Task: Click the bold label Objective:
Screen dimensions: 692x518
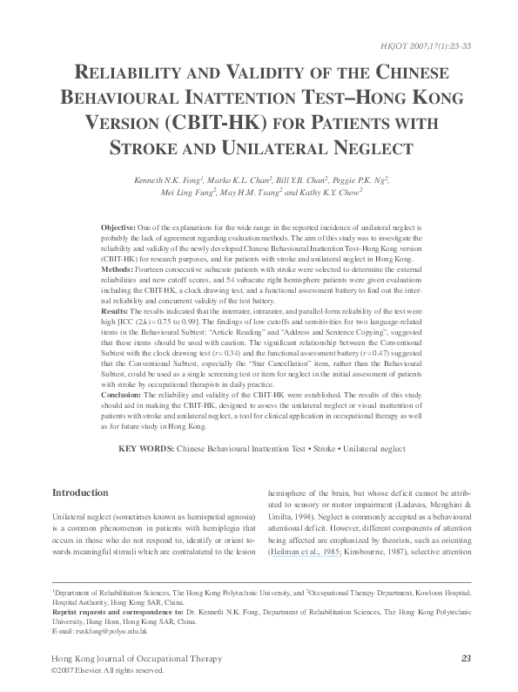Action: [118, 226]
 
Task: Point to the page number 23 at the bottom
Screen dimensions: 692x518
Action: [466, 658]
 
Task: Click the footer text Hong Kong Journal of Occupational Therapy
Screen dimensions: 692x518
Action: [138, 658]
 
